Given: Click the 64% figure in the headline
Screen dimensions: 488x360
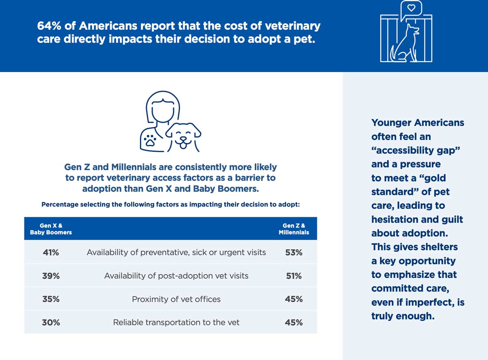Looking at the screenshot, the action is [x=49, y=26].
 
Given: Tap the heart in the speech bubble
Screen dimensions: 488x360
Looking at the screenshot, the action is [x=411, y=8].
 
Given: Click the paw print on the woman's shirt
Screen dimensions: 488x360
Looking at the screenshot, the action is [x=150, y=140].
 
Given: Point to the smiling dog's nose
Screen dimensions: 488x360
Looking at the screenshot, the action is [x=183, y=139].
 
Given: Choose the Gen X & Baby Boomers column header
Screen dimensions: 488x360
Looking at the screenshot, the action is [x=51, y=229].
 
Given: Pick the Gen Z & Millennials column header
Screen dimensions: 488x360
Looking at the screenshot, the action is [x=294, y=229].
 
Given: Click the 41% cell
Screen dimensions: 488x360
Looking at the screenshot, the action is [x=51, y=253].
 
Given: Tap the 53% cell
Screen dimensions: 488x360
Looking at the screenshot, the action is [x=294, y=253].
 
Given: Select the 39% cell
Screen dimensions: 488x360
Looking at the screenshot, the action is [x=51, y=276].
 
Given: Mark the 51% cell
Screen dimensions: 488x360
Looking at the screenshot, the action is [x=294, y=276].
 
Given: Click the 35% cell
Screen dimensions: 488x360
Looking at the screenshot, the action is [x=51, y=299].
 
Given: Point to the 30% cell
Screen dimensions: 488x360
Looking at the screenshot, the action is [x=51, y=323].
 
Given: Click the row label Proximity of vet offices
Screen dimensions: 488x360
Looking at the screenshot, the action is [x=176, y=299].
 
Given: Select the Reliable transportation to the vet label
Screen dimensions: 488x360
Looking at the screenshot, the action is [x=176, y=322].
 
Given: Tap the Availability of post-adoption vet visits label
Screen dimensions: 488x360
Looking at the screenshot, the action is [x=176, y=276].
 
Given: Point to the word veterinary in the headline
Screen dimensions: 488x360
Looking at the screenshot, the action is [x=292, y=26].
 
